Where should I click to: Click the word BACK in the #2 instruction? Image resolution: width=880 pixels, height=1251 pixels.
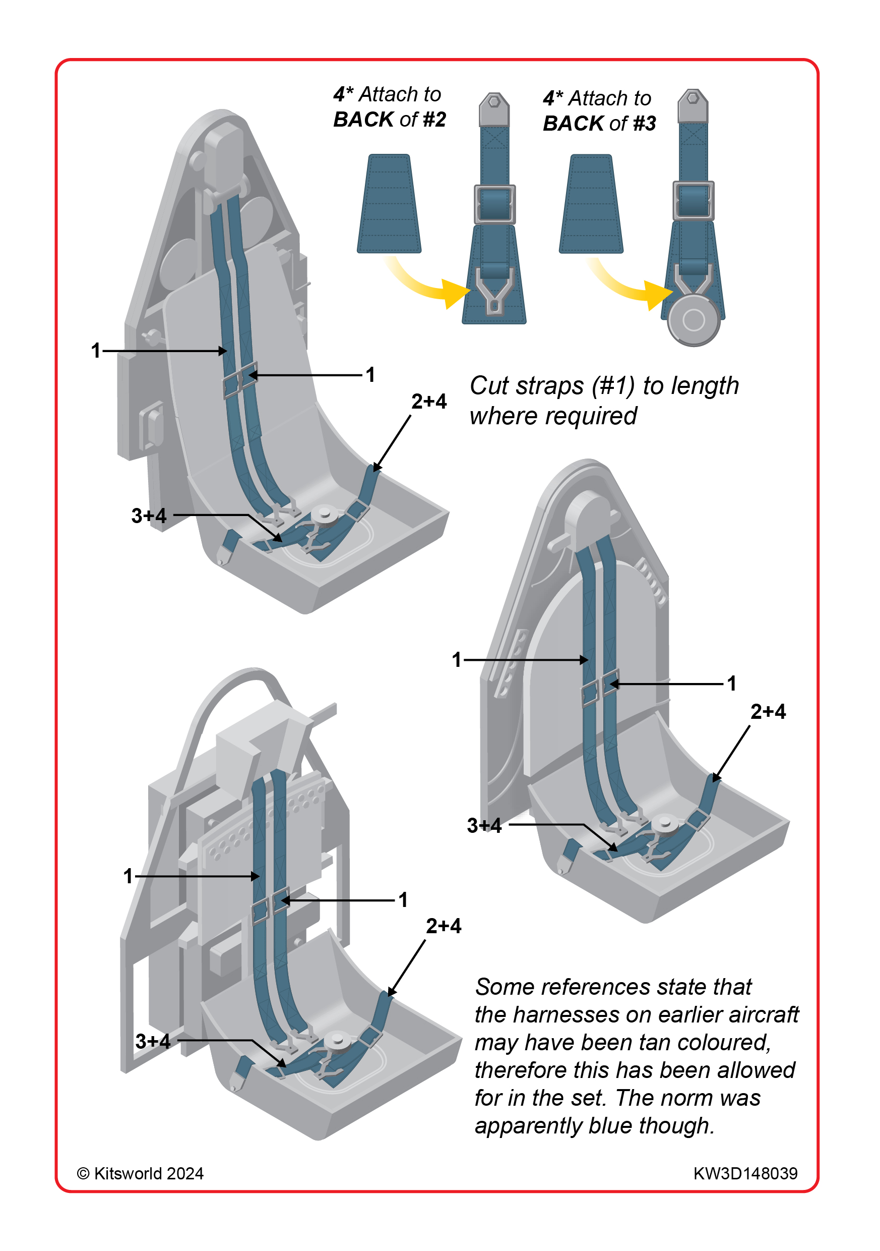pyautogui.click(x=363, y=120)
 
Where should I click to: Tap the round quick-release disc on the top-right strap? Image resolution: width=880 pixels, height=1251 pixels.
pyautogui.click(x=694, y=320)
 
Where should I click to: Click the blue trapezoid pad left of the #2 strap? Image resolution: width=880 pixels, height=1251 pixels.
pyautogui.click(x=389, y=204)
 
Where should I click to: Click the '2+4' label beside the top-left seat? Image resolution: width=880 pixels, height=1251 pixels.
pyautogui.click(x=428, y=402)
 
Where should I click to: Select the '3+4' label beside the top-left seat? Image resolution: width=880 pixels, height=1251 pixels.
pyautogui.click(x=149, y=516)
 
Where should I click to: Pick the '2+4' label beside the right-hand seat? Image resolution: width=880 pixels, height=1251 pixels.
pyautogui.click(x=768, y=712)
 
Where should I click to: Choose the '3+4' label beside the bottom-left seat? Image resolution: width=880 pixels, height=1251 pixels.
pyautogui.click(x=153, y=1041)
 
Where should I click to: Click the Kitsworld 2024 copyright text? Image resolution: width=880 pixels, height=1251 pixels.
pyautogui.click(x=141, y=1173)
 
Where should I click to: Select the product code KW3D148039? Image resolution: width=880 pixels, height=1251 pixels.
pyautogui.click(x=745, y=1173)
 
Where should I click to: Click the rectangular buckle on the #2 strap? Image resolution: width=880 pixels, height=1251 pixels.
pyautogui.click(x=494, y=204)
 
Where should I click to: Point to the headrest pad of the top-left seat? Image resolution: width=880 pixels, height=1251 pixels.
pyautogui.click(x=224, y=158)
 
